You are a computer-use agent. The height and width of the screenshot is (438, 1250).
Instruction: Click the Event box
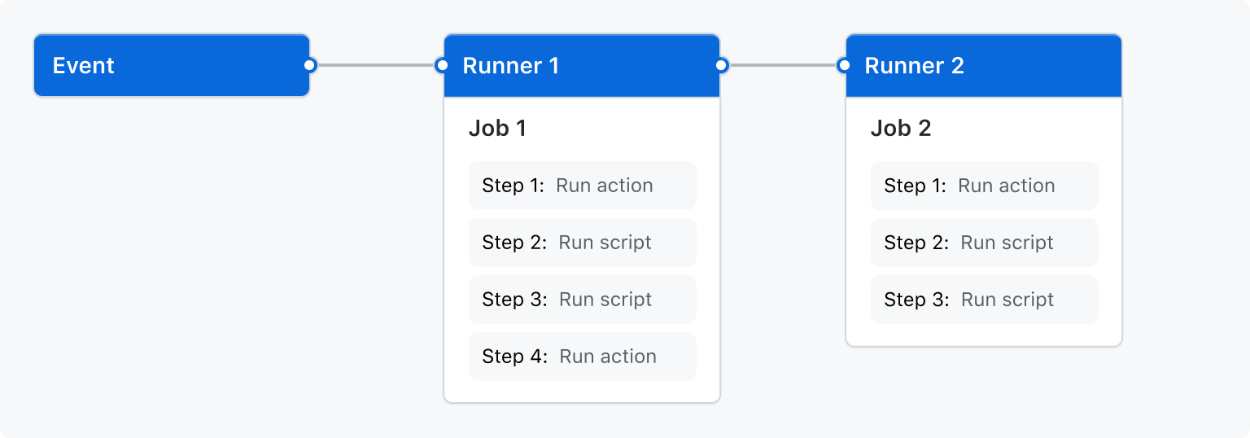coord(171,65)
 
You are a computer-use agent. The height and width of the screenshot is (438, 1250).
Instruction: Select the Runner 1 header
coord(581,65)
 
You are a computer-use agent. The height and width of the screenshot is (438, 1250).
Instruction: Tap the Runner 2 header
coord(983,65)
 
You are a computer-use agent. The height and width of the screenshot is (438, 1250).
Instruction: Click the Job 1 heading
coord(497,129)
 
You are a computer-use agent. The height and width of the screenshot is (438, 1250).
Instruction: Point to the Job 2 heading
coord(901,129)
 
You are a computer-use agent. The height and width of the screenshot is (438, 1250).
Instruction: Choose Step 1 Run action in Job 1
coord(582,186)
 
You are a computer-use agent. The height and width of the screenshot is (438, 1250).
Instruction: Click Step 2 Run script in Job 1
coord(582,243)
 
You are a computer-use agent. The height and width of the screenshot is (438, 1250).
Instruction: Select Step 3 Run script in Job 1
coord(582,300)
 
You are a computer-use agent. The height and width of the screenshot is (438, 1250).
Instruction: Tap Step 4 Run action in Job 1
coord(582,357)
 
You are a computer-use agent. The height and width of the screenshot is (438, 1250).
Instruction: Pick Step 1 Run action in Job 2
coord(984,186)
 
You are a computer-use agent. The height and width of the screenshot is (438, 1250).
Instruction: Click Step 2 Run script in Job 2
coord(984,243)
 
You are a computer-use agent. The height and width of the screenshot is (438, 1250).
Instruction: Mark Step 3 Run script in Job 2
coord(984,300)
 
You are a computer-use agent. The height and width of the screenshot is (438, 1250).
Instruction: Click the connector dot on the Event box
coord(309,65)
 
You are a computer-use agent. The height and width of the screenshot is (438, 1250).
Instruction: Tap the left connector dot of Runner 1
coord(442,65)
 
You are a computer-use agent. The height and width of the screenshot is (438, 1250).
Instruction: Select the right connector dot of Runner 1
coord(721,65)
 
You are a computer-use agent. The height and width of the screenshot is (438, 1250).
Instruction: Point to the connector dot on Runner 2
coord(844,65)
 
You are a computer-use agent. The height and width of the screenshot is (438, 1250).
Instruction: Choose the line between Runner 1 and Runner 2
coord(782,65)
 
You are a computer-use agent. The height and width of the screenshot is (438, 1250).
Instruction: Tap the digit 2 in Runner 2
coord(957,66)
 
